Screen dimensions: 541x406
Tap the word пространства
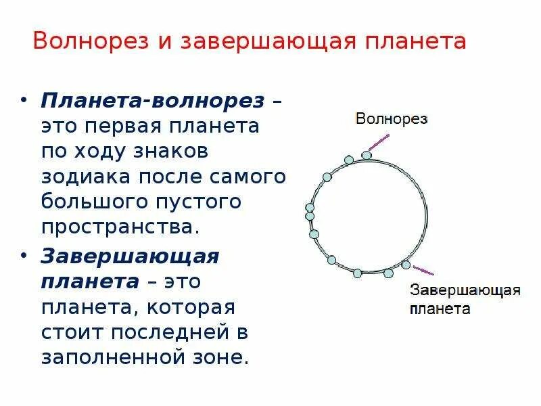coord(120,227)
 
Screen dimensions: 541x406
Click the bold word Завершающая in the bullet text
coord(131,257)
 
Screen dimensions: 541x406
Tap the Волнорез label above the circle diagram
coord(392,118)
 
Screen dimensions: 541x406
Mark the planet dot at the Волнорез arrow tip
coord(367,155)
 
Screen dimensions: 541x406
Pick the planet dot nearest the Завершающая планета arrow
coord(406,265)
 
